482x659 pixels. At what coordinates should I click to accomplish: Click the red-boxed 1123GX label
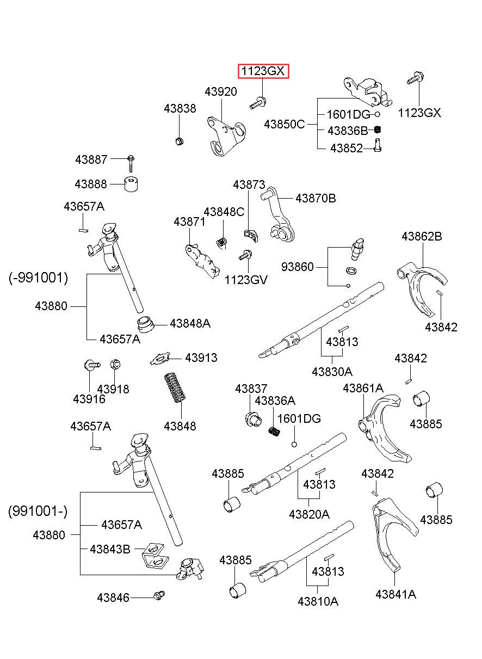point(263,71)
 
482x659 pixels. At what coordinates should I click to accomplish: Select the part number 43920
point(221,92)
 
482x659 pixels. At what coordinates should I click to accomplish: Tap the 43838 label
point(180,109)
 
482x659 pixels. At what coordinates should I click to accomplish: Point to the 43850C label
point(285,125)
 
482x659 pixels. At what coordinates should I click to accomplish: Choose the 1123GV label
point(246,280)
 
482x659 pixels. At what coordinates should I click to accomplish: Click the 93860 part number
point(297,267)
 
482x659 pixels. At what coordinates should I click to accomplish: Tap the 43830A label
point(332,372)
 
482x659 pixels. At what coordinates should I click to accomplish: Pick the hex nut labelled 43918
point(115,364)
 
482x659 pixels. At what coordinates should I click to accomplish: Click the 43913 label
point(201,358)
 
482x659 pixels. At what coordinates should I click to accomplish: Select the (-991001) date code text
point(39,278)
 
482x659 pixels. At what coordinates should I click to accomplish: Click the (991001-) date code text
point(38,511)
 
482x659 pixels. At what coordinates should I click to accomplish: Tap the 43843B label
point(110,549)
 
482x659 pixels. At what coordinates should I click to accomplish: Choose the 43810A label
point(318,602)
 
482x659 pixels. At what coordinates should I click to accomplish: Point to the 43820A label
point(309,514)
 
